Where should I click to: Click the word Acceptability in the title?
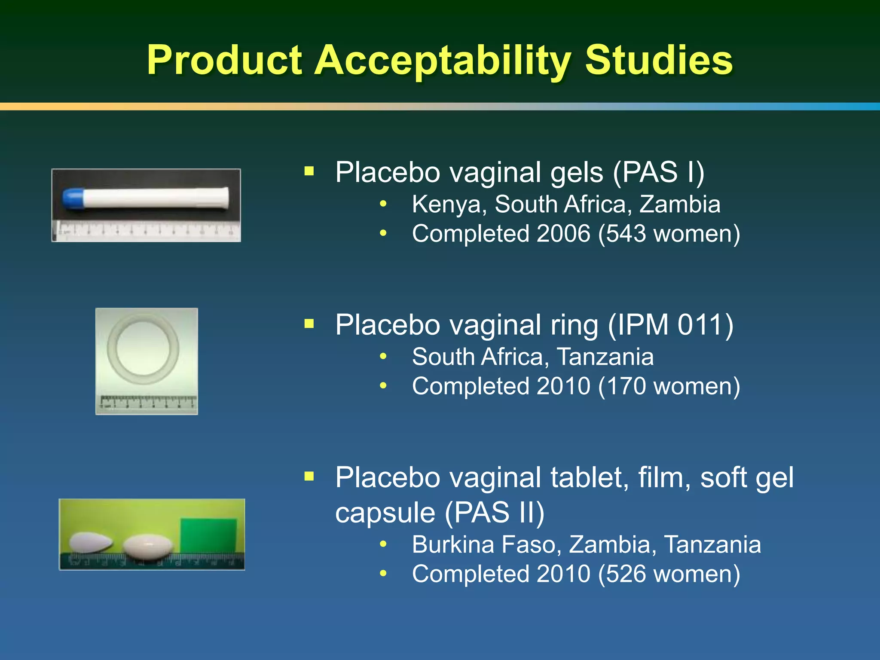pyautogui.click(x=443, y=61)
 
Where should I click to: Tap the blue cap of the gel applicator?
pyautogui.click(x=73, y=198)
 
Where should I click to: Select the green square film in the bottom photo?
pyautogui.click(x=208, y=535)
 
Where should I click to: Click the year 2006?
pyautogui.click(x=563, y=234)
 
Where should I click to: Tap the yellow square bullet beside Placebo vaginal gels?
pyautogui.click(x=309, y=171)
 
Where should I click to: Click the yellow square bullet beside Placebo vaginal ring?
pyautogui.click(x=309, y=324)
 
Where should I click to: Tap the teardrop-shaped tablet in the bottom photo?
pyautogui.click(x=90, y=542)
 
